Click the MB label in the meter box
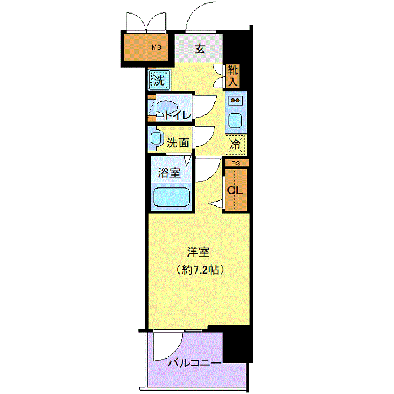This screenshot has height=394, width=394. click(x=156, y=47)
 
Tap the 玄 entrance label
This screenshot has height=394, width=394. click(x=200, y=49)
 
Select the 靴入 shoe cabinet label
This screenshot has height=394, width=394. click(x=232, y=76)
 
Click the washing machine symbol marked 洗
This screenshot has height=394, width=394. click(x=159, y=80)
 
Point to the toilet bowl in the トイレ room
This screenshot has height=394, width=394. click(x=167, y=107)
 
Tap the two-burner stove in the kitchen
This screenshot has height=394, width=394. click(x=235, y=101)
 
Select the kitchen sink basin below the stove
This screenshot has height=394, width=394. click(x=235, y=120)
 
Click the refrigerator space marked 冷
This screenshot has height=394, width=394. click(x=235, y=145)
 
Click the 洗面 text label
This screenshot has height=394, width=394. click(x=178, y=143)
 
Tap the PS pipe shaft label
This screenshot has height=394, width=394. click(x=236, y=163)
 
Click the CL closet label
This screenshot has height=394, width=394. click(x=235, y=190)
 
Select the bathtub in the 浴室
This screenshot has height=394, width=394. click(x=171, y=197)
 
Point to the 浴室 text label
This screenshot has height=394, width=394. click(x=169, y=173)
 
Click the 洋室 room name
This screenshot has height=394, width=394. click(x=198, y=252)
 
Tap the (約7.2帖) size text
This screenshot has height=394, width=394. click(x=200, y=270)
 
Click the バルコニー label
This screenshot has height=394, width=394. click(x=195, y=363)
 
